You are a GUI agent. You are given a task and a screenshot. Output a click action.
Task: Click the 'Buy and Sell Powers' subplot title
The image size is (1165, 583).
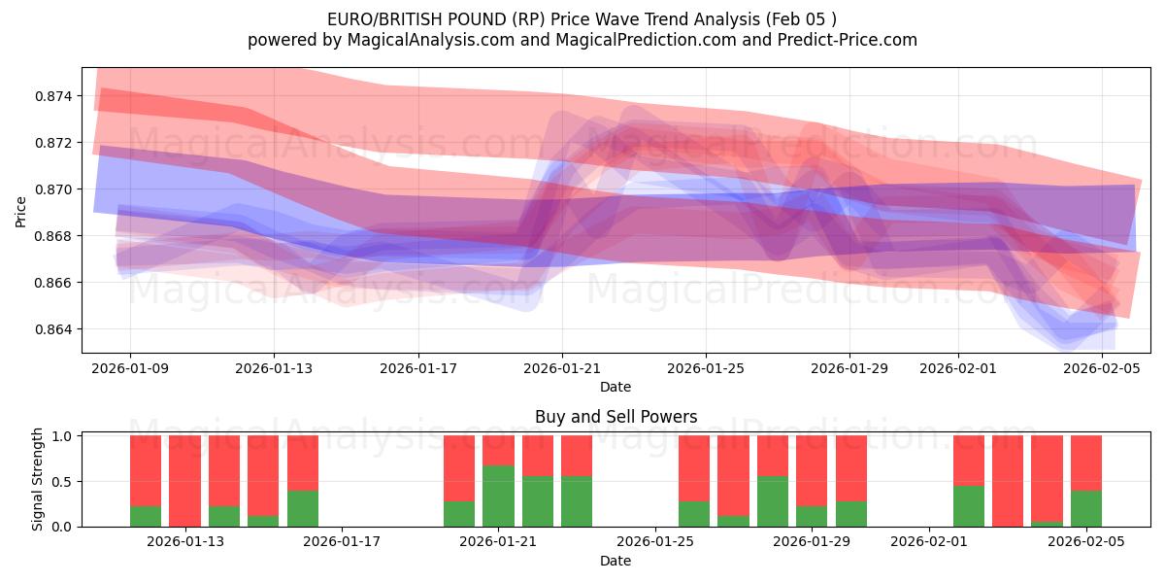point(616,417)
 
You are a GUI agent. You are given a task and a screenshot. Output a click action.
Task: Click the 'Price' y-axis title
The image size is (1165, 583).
point(21,210)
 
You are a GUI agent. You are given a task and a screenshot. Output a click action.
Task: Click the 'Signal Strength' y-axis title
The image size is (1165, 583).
point(37,479)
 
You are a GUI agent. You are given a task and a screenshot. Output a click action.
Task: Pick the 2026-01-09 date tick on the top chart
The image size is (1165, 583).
point(130,368)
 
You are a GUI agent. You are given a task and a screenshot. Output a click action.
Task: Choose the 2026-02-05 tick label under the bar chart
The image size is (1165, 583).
point(1086,542)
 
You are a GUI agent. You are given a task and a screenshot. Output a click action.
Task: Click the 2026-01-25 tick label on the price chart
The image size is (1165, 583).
point(706,368)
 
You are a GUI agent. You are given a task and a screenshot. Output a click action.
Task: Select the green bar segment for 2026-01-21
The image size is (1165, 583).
point(498,497)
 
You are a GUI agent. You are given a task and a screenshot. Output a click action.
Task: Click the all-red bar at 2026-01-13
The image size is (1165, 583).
point(184,481)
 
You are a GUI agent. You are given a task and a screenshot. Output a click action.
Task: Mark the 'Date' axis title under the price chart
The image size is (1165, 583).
point(616,387)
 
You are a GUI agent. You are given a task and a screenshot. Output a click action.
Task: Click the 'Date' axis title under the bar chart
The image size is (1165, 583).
point(616,561)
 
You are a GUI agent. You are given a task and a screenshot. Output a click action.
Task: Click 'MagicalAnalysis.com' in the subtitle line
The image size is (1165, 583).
point(392,40)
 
